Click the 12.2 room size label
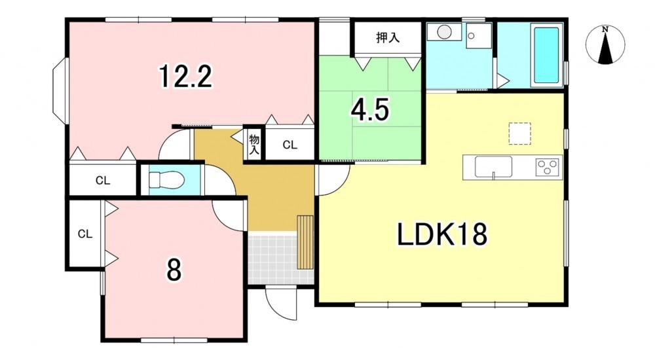185,77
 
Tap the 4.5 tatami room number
370,110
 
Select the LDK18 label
441,235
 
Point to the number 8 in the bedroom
174,270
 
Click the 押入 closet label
388,37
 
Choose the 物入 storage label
254,145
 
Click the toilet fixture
166,181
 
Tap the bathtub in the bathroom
546,55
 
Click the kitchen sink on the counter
493,167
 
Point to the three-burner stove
548,167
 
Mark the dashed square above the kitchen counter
519,134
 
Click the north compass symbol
605,45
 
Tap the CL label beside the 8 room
84,234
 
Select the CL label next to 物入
290,145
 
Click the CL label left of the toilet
103,181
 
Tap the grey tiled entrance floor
272,257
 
